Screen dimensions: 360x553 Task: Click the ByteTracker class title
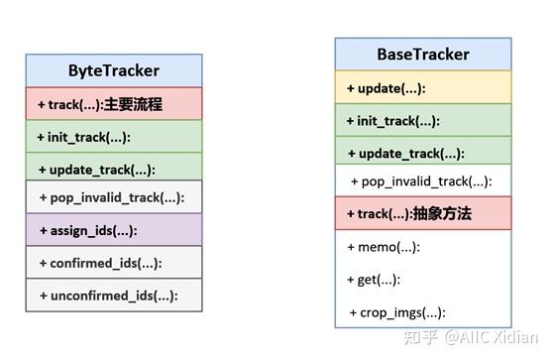point(114,70)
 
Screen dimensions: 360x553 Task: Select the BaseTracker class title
point(423,54)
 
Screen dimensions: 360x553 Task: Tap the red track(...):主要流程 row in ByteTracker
point(114,103)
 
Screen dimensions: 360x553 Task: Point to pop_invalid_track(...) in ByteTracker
point(112,197)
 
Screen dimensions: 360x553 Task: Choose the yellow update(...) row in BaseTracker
point(387,87)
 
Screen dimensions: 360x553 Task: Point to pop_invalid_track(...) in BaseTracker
point(422,181)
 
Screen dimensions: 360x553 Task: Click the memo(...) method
point(384,246)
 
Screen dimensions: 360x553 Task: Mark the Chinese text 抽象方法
point(443,213)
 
